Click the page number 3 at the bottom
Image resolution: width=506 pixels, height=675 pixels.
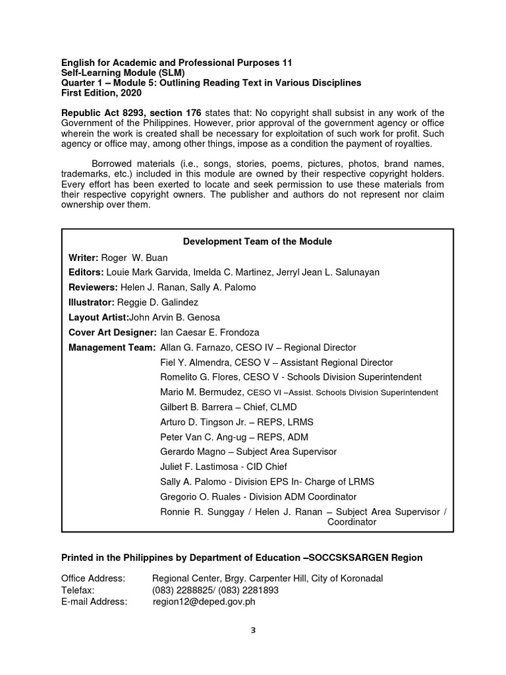coord(252,630)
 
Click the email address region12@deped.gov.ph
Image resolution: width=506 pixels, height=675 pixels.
coord(204,601)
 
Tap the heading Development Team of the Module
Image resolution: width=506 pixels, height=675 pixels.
coord(257,242)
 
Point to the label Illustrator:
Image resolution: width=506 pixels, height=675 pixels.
coord(92,303)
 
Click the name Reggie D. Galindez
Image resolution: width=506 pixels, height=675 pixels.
coord(157,303)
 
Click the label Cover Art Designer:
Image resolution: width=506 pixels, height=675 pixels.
coord(113,333)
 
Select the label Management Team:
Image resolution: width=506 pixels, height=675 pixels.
coord(113,348)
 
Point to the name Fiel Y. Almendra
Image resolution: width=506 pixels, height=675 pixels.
coord(194,363)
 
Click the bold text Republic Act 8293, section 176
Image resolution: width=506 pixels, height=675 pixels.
coord(132,113)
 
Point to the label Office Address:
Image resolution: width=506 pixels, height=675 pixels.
coord(94,579)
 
